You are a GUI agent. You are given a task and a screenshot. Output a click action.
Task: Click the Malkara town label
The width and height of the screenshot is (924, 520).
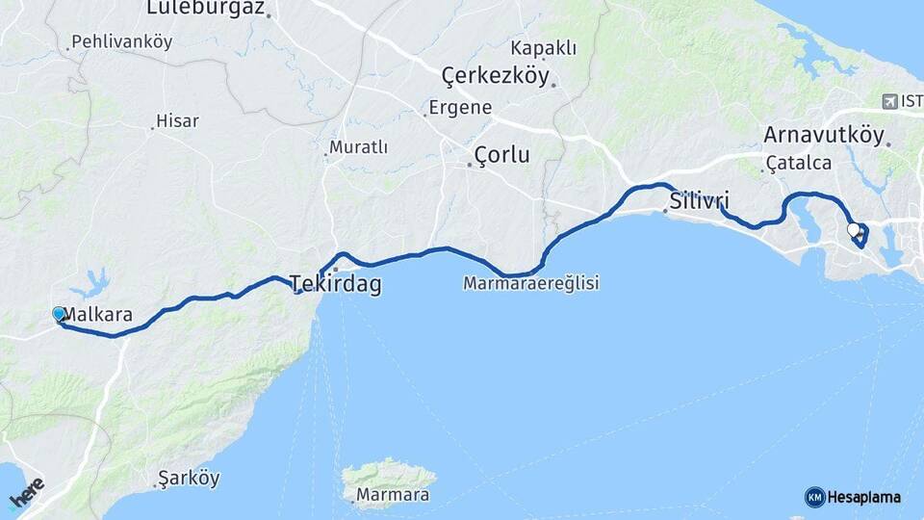(x=98, y=314)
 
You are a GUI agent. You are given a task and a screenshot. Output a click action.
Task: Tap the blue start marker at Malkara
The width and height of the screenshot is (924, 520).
(x=59, y=314)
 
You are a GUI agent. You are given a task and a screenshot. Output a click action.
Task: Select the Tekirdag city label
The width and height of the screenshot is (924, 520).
(x=337, y=284)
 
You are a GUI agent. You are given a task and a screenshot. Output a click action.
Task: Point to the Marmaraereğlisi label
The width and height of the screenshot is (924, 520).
(x=530, y=284)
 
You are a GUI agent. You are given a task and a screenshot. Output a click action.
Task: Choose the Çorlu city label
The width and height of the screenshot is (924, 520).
(x=501, y=155)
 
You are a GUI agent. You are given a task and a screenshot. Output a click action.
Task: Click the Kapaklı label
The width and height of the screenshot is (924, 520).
(x=544, y=48)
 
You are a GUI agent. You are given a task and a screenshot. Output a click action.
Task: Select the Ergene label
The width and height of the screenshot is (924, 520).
(x=460, y=108)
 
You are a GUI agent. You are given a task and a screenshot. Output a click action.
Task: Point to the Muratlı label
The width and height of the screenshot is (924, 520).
(x=358, y=147)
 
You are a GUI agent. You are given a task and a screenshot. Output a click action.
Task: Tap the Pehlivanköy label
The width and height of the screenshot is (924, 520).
(x=120, y=42)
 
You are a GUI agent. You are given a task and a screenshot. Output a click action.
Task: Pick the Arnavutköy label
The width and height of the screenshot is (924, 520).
(x=823, y=134)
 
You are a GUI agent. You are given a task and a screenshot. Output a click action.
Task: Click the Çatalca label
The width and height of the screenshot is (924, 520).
(x=799, y=164)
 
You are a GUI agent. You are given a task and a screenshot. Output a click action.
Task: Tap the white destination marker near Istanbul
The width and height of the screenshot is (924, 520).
(x=854, y=229)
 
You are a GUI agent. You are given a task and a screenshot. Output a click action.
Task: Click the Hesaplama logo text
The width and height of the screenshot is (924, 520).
(x=863, y=497)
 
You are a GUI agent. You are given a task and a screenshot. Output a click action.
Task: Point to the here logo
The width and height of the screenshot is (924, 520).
(x=26, y=493)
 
